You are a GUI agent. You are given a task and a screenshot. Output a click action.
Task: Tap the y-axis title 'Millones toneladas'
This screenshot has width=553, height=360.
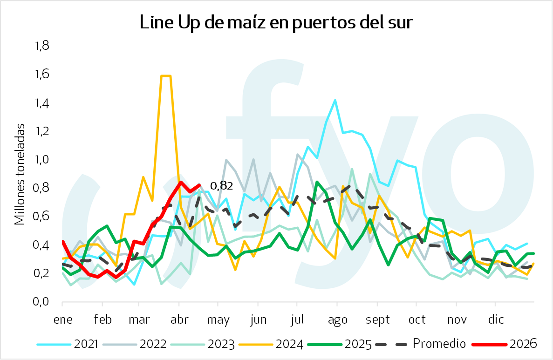point(20,174)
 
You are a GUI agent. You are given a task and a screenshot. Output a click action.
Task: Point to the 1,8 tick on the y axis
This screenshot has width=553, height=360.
point(42,46)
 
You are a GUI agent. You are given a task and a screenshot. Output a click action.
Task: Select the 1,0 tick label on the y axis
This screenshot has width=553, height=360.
point(42,160)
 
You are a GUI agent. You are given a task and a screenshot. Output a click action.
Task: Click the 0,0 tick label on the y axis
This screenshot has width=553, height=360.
point(42,302)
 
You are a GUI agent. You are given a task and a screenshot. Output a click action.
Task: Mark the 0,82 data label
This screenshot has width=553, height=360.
point(221,186)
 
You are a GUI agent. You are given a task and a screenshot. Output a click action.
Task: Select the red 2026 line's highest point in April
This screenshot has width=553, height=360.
point(180,182)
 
